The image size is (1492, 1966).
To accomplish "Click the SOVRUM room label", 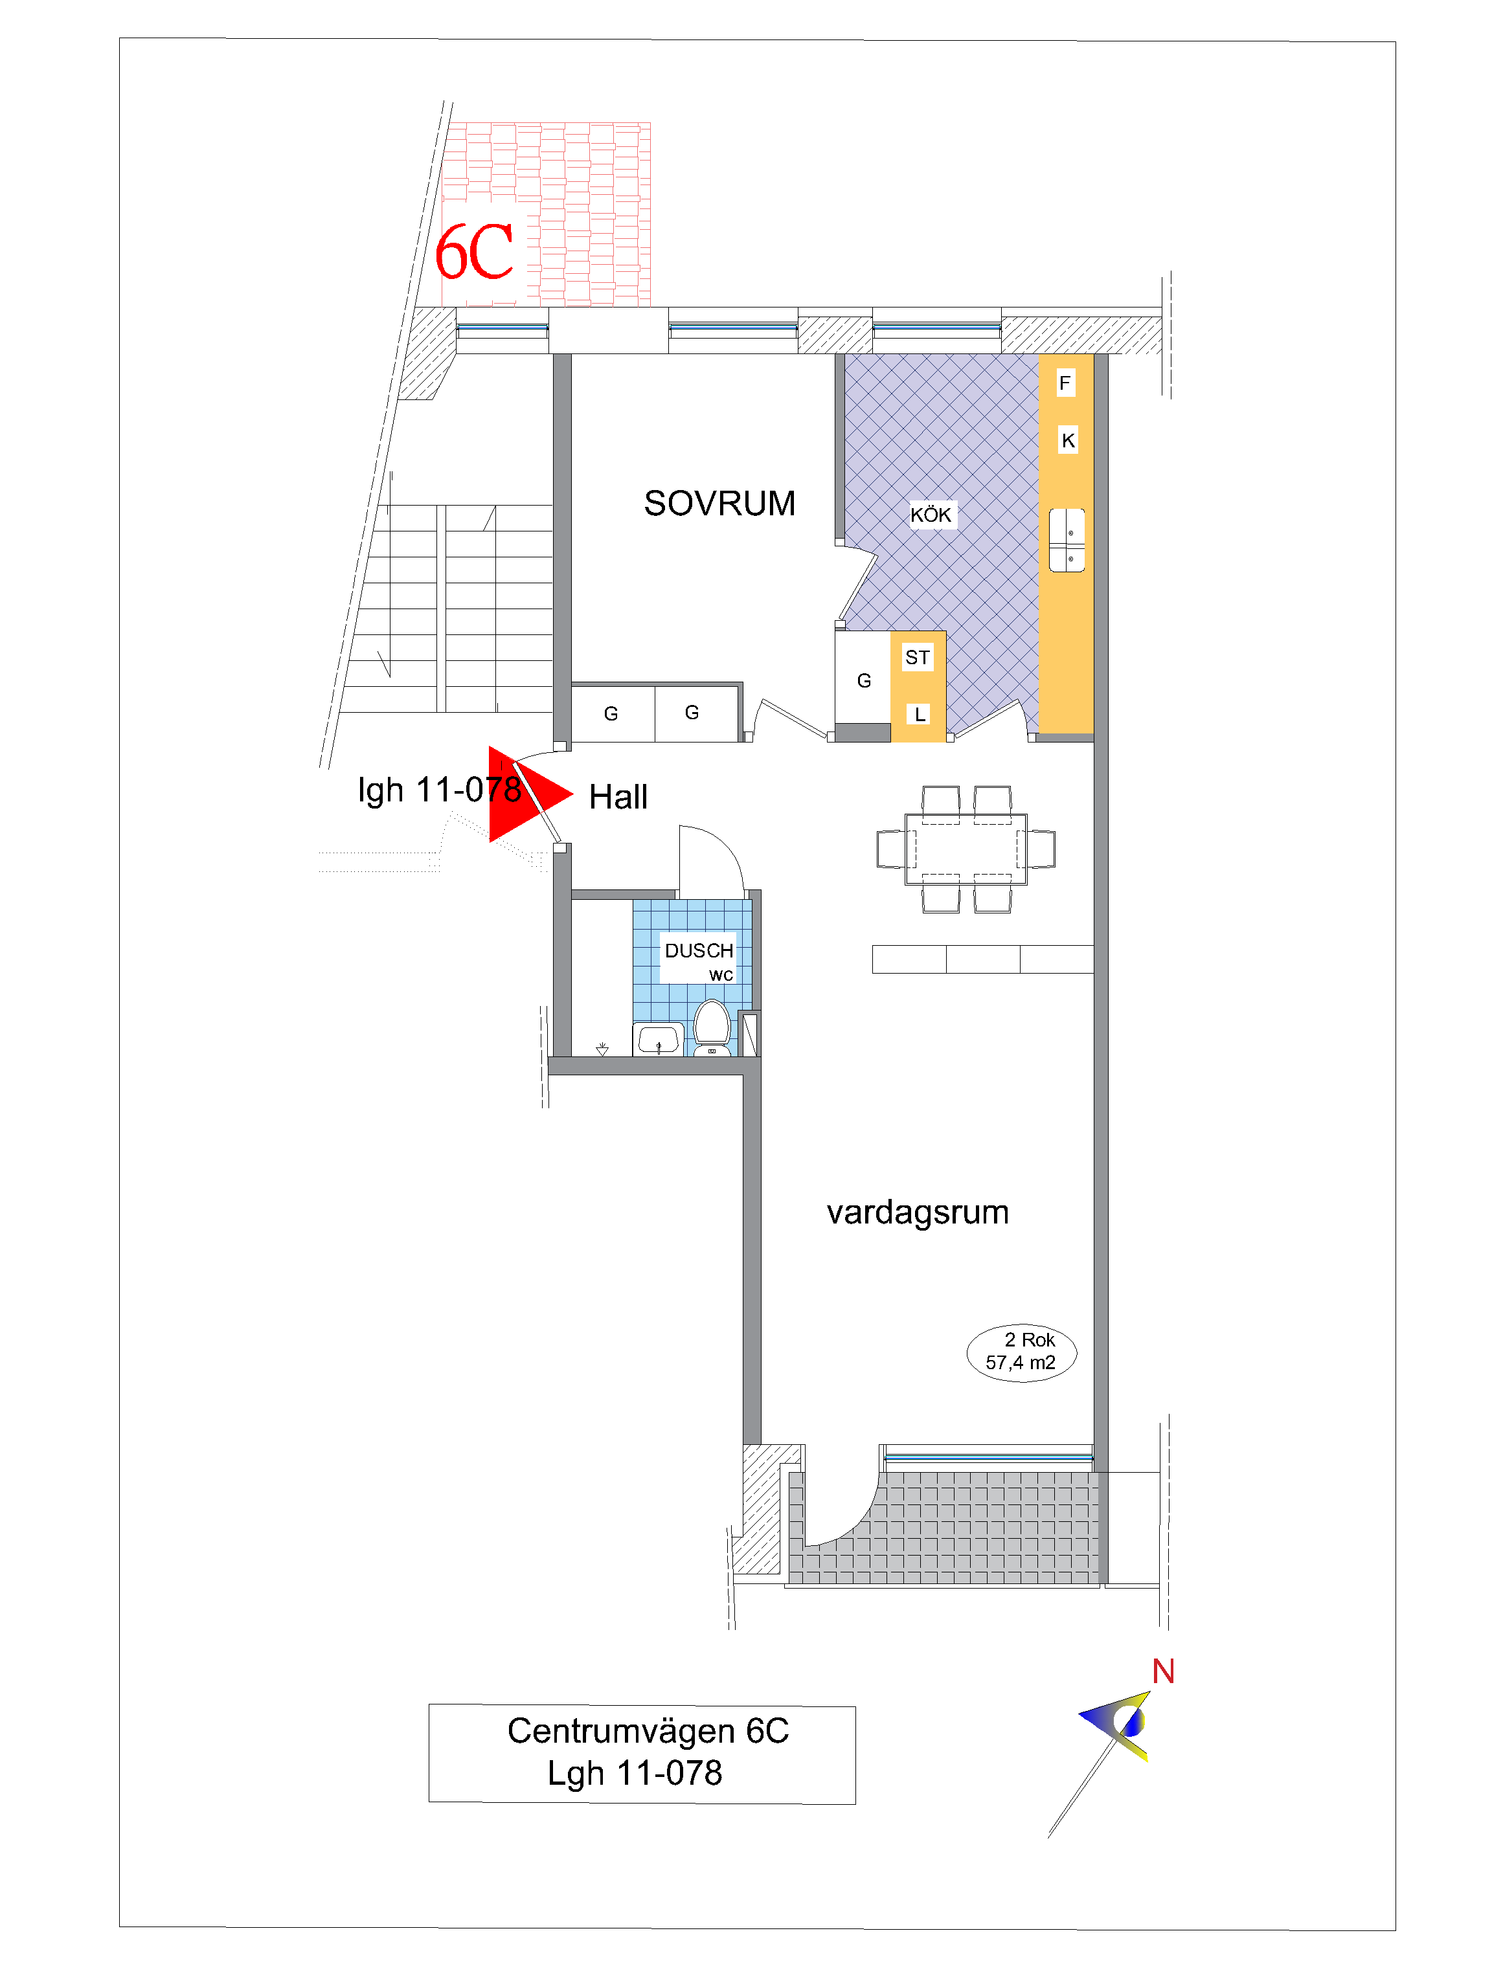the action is tap(719, 503).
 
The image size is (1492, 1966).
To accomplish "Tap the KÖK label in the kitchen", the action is tap(931, 515).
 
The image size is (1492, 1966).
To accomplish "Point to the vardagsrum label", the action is tap(918, 1212).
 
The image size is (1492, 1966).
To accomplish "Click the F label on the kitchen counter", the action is tap(1065, 383).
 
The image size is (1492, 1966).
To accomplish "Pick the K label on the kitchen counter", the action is tap(1068, 440).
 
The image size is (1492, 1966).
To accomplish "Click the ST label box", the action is tap(918, 657).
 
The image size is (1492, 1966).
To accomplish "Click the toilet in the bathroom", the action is tap(712, 1029).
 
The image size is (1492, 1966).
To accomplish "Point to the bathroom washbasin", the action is tap(658, 1039).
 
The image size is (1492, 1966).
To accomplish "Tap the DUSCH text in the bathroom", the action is tap(699, 950).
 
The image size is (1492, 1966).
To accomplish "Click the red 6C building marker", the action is tap(474, 252).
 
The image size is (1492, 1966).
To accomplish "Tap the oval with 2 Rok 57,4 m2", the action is tap(1022, 1353).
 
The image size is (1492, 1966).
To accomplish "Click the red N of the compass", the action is tap(1163, 1672).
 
